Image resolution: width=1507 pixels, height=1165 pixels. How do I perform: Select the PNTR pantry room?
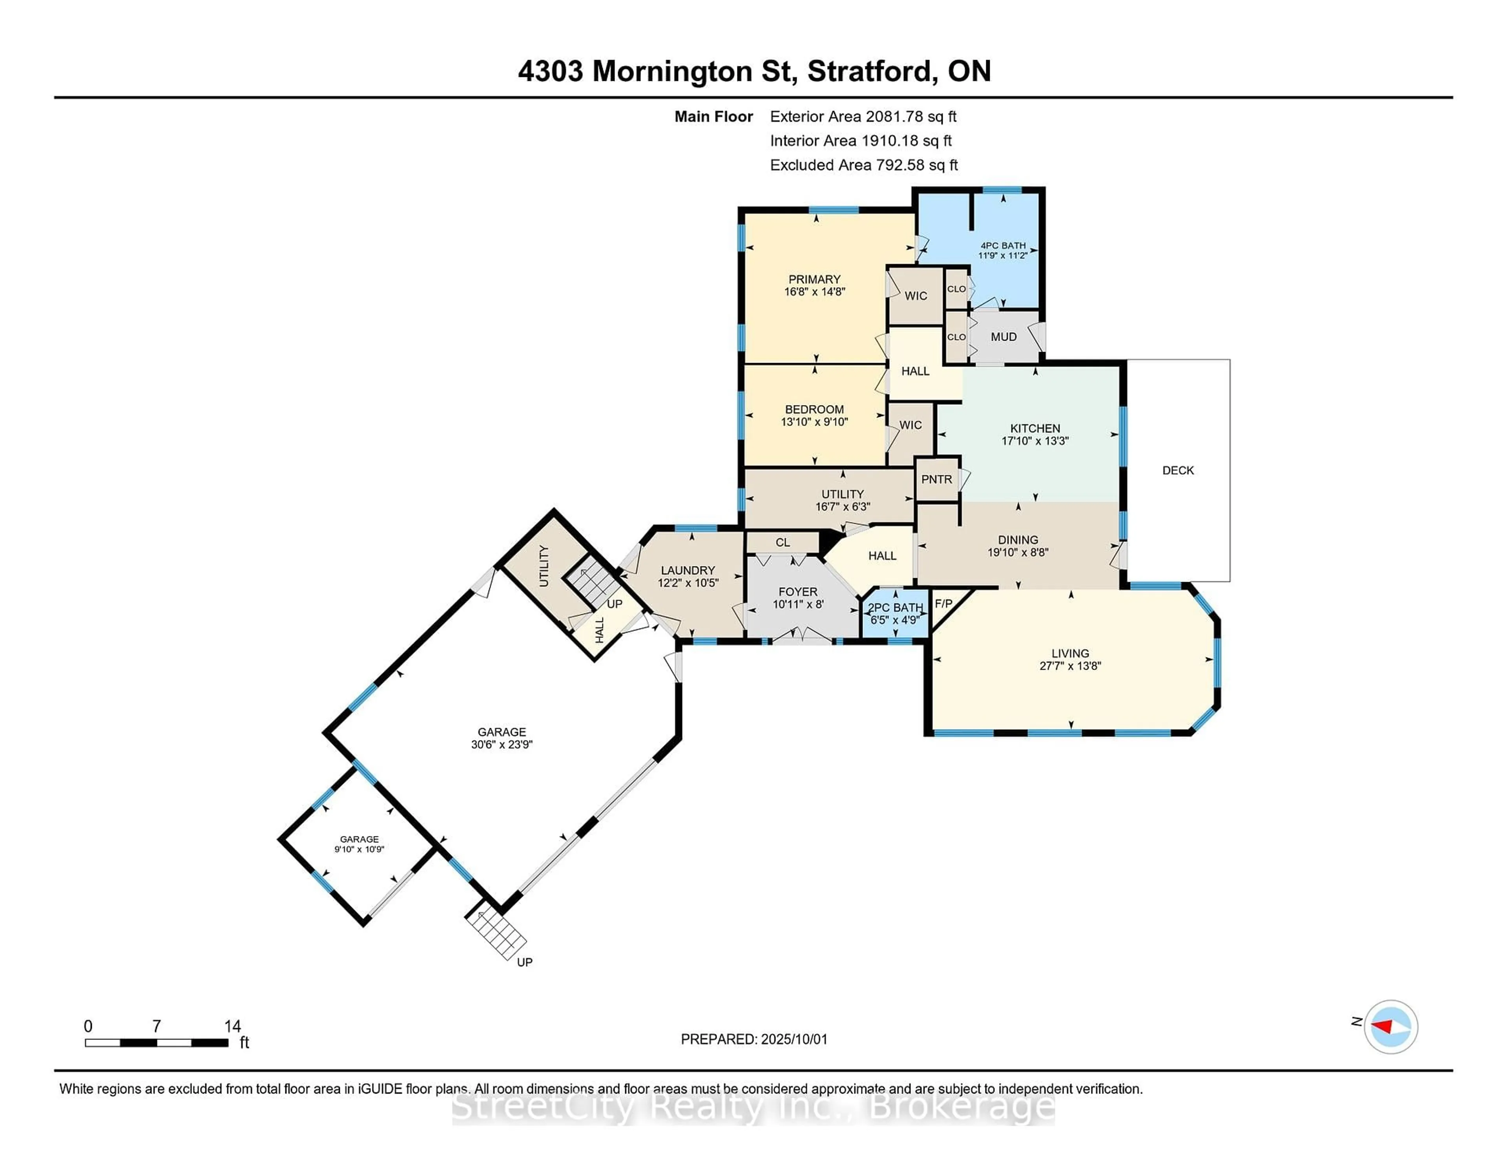pyautogui.click(x=936, y=479)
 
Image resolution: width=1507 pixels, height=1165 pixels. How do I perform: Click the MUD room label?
pyautogui.click(x=1003, y=337)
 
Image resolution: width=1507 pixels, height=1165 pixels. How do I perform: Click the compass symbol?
pyautogui.click(x=1390, y=1027)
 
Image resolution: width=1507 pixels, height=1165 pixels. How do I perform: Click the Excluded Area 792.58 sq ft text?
pyautogui.click(x=864, y=165)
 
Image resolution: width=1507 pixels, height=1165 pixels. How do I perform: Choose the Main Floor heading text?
pyautogui.click(x=713, y=117)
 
